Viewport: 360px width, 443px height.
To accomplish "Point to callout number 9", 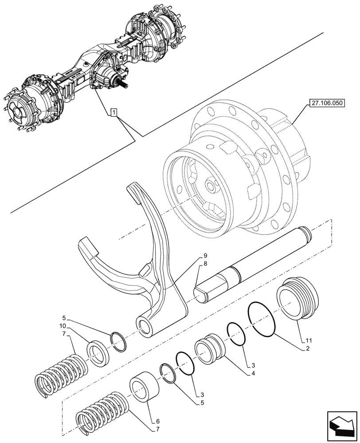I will click(x=205, y=256).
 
